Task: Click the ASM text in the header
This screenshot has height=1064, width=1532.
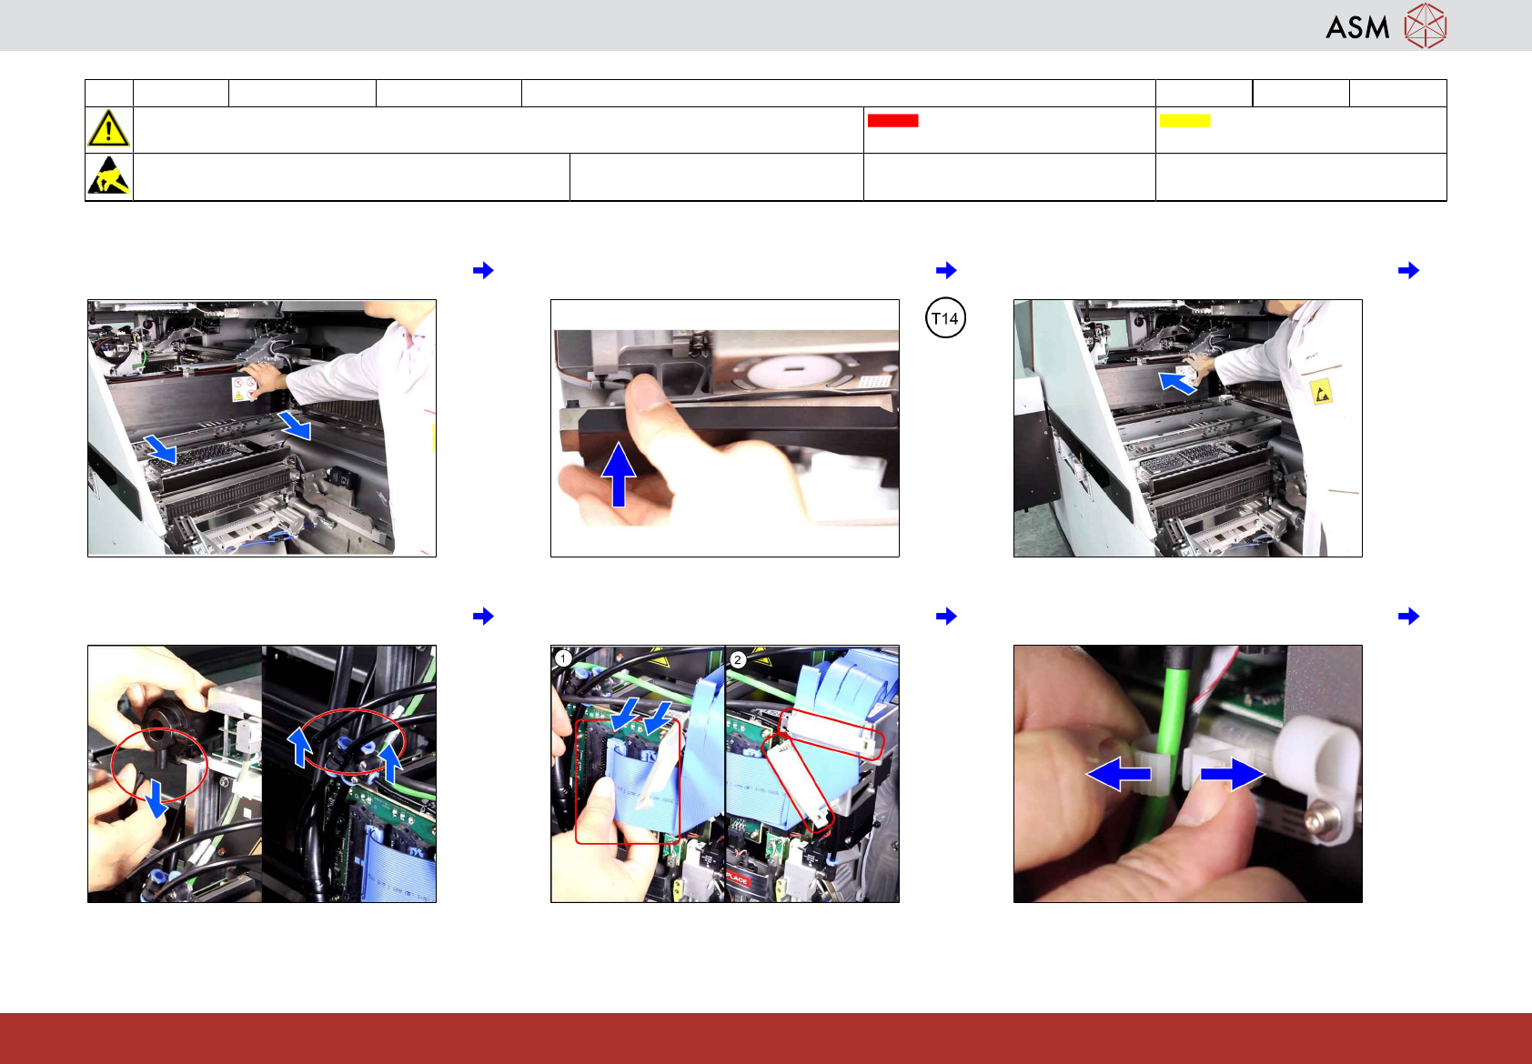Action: click(1357, 28)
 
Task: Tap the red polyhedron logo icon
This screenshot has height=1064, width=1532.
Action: click(1426, 25)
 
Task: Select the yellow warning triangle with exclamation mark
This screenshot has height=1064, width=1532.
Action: click(108, 128)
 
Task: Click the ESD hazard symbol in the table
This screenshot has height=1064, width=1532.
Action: click(109, 176)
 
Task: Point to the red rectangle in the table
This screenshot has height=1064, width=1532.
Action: click(892, 120)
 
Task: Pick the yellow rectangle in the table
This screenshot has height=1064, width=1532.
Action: click(1184, 120)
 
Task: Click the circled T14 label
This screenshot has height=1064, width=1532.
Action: click(945, 318)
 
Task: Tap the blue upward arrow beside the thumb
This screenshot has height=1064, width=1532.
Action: click(619, 474)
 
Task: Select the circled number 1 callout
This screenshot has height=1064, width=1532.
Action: click(563, 658)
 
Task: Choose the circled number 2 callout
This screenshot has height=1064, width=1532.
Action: click(737, 660)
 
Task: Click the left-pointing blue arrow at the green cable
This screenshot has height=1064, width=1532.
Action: click(1119, 775)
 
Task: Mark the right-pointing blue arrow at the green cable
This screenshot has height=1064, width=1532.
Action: click(1233, 775)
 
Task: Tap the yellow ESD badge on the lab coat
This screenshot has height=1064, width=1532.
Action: click(1321, 393)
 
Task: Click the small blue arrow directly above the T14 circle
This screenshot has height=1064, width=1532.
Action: click(946, 270)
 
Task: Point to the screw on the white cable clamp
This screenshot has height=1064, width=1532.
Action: click(1313, 820)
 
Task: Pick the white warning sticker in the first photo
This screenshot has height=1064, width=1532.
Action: click(244, 388)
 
